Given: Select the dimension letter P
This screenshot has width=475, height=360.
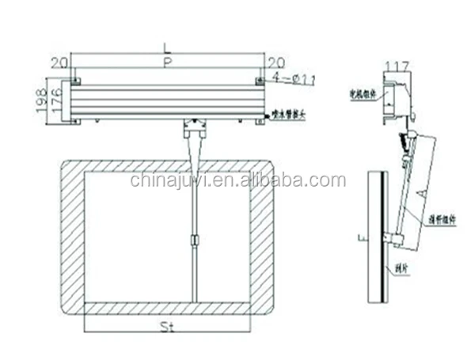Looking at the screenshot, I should click(x=166, y=63).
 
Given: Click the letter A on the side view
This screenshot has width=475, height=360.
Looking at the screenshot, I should click(x=426, y=193).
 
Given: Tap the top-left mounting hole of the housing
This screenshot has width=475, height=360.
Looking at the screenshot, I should click(x=75, y=81).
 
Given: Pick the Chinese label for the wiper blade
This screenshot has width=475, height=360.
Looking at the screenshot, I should click(x=401, y=268).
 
